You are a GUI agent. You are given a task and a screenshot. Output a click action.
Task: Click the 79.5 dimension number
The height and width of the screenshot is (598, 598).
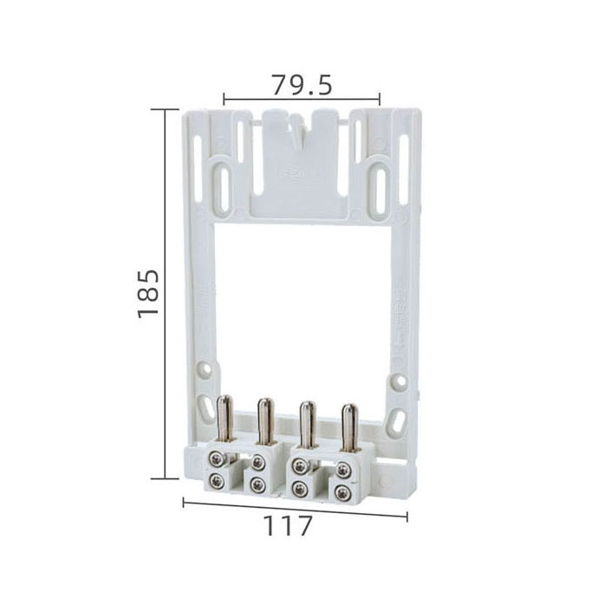coord(302,85)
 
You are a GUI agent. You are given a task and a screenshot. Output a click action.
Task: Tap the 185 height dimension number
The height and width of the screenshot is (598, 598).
coord(148,294)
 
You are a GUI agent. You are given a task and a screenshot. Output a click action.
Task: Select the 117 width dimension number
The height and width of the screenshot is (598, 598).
coord(288,526)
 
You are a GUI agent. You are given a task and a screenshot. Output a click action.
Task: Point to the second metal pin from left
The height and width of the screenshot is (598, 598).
coord(265,421)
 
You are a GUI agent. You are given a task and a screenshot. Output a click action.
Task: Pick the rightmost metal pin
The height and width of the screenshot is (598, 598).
coord(349,426)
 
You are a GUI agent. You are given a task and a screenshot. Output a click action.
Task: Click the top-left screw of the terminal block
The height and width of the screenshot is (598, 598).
coord(217,459)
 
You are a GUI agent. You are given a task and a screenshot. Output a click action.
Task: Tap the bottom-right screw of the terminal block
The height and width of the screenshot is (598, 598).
coord(342,494)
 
